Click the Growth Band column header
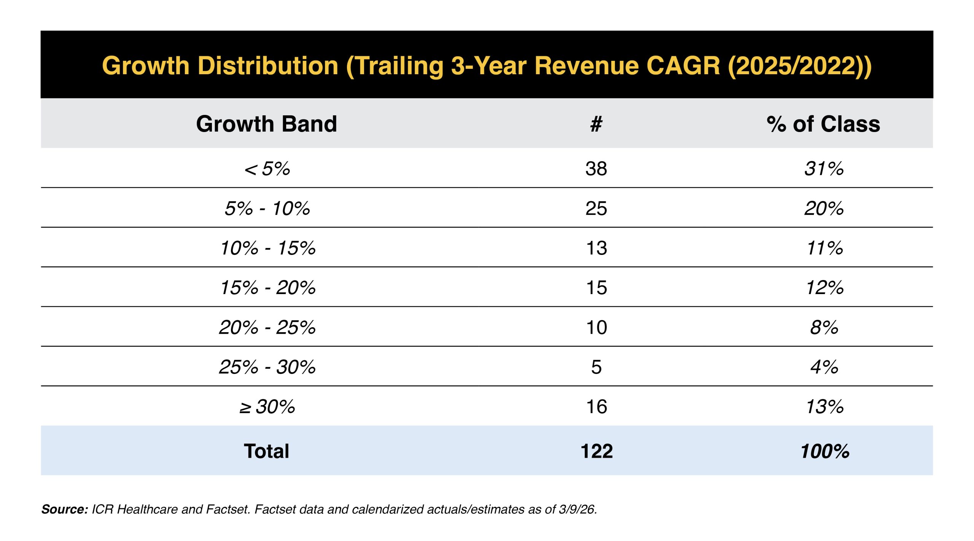266,124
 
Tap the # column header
596,124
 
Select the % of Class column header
823,124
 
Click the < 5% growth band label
267,169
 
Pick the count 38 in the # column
596,169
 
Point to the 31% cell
824,169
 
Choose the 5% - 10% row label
267,208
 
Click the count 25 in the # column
596,208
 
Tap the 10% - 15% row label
268,248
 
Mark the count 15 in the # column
597,288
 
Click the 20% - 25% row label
267,327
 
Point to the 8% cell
824,327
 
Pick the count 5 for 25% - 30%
597,367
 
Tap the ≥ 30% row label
267,407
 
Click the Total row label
266,451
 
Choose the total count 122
597,451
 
